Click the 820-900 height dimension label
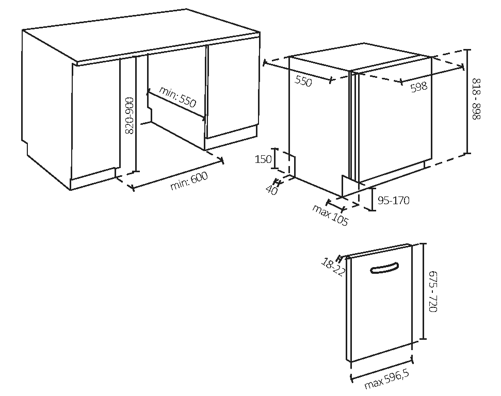click(130, 115)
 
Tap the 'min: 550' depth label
click(177, 96)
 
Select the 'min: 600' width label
click(189, 181)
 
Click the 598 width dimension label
click(419, 87)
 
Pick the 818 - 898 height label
click(476, 99)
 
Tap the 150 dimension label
click(263, 159)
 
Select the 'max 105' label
click(330, 215)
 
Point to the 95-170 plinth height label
click(393, 200)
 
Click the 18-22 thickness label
click(333, 267)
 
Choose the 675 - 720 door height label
click(432, 291)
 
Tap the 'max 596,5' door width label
click(386, 379)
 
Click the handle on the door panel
click(384, 268)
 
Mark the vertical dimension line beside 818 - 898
click(467, 102)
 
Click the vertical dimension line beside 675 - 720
click(424, 291)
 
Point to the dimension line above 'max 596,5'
click(382, 370)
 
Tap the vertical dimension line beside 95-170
click(372, 199)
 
